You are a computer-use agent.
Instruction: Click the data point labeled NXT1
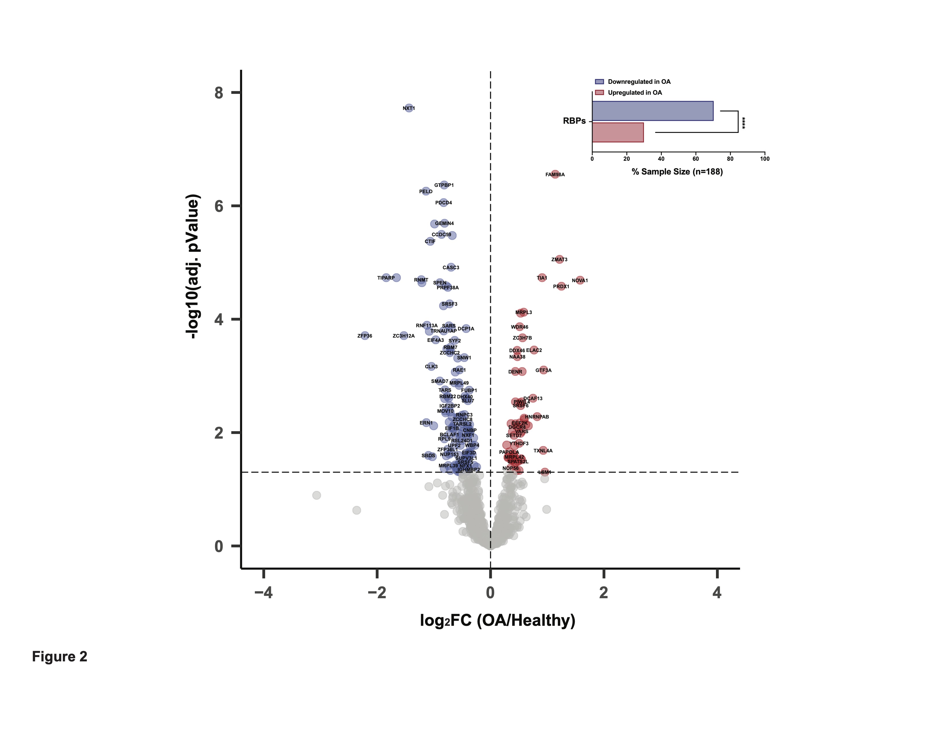click(x=408, y=108)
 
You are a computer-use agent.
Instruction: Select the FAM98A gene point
click(x=555, y=174)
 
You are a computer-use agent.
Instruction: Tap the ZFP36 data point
click(x=365, y=336)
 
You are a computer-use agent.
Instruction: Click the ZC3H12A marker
click(x=404, y=336)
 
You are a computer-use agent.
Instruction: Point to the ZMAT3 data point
click(x=559, y=259)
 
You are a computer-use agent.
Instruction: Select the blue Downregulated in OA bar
click(x=652, y=111)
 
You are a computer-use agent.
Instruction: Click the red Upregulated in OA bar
click(x=618, y=132)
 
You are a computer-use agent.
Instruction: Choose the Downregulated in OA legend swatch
click(x=599, y=82)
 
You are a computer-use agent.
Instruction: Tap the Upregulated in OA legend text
click(x=635, y=92)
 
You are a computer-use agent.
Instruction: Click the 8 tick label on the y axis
click(x=219, y=93)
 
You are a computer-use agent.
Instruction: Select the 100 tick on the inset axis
click(x=764, y=159)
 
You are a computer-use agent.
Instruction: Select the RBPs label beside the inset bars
click(x=574, y=121)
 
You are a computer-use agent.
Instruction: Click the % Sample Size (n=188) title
click(x=677, y=172)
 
